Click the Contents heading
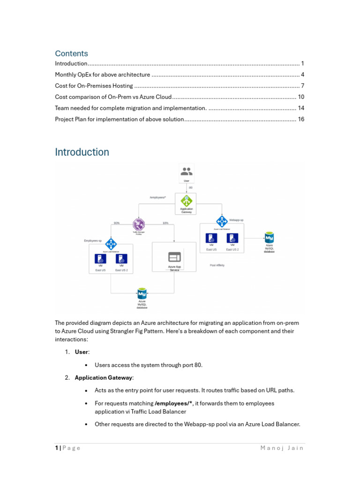click(71, 53)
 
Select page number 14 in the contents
click(301, 108)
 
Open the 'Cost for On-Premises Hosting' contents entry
click(94, 86)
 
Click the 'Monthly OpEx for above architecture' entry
click(102, 75)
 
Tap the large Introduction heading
click(82, 152)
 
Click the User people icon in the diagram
click(187, 172)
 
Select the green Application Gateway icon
click(187, 201)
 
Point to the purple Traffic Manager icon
click(138, 224)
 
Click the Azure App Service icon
click(174, 257)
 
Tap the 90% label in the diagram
click(117, 223)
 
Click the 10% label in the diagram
click(165, 223)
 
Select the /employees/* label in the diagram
click(158, 197)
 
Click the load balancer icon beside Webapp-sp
click(222, 221)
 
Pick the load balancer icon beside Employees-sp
click(111, 244)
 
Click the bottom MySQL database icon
click(142, 294)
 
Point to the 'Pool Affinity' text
click(217, 265)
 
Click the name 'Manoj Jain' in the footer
click(282, 448)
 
